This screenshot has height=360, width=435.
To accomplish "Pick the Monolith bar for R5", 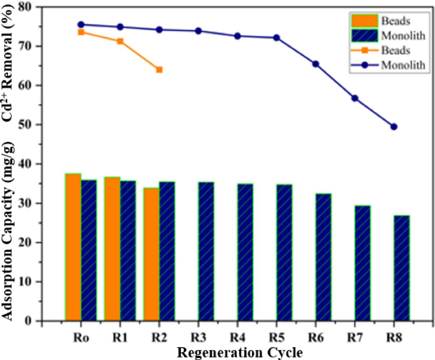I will pos(284,253).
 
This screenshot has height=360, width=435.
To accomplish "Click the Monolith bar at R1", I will pos(128,250).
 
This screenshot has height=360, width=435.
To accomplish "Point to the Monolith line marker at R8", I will pos(394,127).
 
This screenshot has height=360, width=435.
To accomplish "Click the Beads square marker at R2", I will pos(159,70).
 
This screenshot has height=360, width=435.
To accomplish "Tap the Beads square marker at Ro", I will pos(81,32).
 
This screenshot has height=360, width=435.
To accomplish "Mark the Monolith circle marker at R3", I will pos(198,31).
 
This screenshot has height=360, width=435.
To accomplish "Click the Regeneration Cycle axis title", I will pos(240,352).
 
